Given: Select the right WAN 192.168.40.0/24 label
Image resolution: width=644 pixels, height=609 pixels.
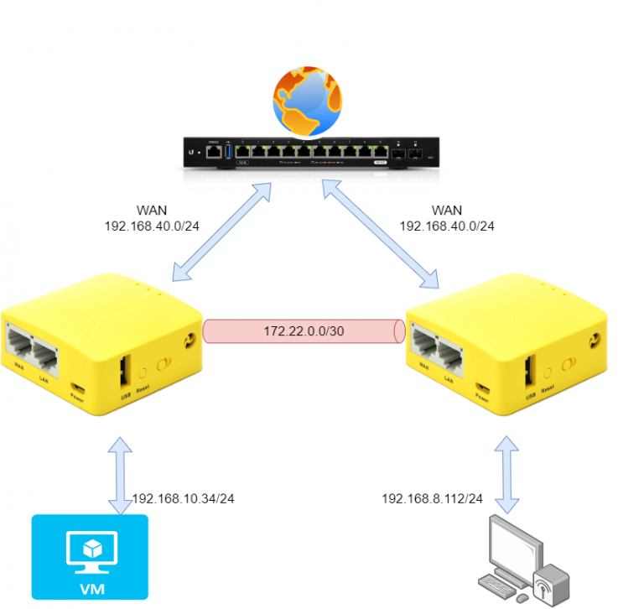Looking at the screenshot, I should pos(447,218).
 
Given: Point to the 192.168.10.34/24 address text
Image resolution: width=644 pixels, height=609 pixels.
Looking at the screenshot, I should pos(183,498).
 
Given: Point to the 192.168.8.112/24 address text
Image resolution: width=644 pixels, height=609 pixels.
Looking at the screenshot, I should pos(432,498).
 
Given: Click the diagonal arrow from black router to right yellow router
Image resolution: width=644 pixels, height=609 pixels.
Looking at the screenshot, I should pos(382,234).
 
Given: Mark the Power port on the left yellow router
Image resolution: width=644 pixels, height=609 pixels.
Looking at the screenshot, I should pos(78,387).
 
